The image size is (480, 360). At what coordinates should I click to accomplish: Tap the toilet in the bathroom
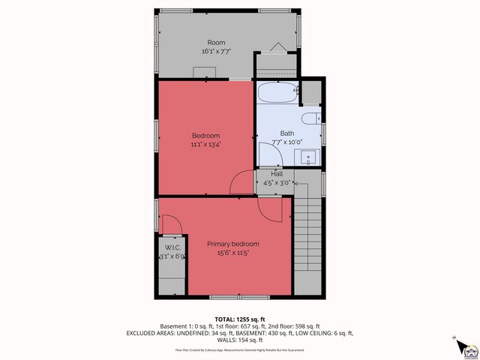coord(311,118)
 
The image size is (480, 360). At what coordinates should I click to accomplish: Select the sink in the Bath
coord(309,157)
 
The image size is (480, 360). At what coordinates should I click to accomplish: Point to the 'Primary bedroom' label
coord(233,244)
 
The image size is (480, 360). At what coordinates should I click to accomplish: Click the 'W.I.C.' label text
coord(172,247)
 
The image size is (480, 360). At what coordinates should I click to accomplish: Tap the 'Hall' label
coord(277,173)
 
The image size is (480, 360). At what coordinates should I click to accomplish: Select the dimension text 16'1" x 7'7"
coord(216,52)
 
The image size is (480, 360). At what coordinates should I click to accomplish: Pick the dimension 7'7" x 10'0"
coord(286,142)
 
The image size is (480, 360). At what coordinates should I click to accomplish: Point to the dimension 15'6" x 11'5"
coord(233,253)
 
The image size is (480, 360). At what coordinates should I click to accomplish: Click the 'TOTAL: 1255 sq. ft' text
coord(239,319)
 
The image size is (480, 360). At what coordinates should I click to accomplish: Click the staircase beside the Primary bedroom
coord(308,240)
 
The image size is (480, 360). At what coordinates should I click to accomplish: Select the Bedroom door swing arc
coord(242,182)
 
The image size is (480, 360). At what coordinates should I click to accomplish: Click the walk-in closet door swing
coord(172,225)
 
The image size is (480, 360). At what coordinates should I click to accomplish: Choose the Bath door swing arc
coord(271,154)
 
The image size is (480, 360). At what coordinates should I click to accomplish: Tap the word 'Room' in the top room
coord(216,43)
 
